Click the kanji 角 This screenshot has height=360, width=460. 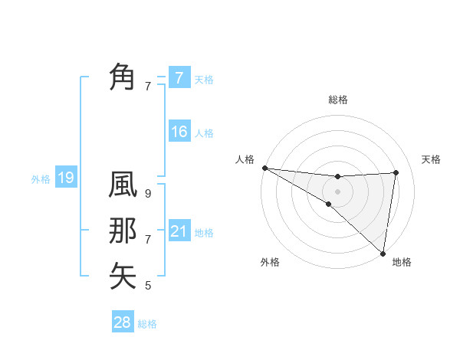pos(123,77)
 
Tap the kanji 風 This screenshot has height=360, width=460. pos(123,187)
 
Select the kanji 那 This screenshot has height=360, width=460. pos(123,231)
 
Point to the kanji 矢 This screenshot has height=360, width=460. pos(123,276)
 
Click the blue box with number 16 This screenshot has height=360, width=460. pos(179,132)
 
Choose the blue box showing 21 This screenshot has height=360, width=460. pos(179,231)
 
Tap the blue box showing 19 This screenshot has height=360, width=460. pos(65,178)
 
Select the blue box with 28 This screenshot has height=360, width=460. pos(123,322)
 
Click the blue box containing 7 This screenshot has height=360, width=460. pos(179,77)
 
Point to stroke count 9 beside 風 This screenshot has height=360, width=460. pos(148,195)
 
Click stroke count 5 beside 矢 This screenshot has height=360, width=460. pos(148,286)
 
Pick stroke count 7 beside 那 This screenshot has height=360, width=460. pos(148,240)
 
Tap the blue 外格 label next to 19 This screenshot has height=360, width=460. pos(41,179)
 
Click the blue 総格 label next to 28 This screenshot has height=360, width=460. pos(147,324)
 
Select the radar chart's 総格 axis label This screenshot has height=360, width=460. pos(337,100)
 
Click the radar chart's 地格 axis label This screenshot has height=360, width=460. pos(402,262)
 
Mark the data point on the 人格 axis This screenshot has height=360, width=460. pos(264,167)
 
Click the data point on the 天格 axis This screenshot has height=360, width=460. pos(396,172)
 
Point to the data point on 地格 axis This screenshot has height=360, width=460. pos(382,252)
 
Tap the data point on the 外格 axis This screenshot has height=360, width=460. pos(329,204)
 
